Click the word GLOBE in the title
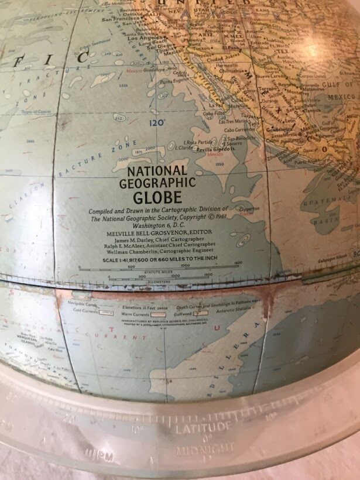click(x=157, y=197)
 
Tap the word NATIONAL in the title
click(x=157, y=172)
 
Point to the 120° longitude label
click(x=157, y=123)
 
